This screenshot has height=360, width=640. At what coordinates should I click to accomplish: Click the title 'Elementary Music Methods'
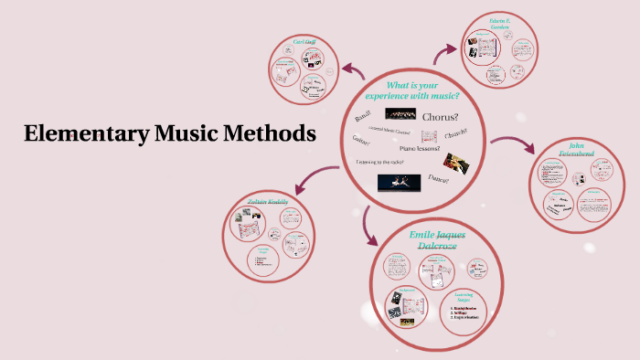(170, 133)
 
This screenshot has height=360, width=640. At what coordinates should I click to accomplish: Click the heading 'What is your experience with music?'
(412, 90)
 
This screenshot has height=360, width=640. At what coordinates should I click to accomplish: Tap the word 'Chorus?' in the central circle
(441, 116)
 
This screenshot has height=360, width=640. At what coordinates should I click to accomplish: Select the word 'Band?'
(364, 116)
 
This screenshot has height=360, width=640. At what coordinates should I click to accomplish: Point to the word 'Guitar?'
(361, 140)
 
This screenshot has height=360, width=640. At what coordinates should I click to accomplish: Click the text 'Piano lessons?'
(418, 148)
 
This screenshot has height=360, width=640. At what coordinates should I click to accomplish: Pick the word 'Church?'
(456, 133)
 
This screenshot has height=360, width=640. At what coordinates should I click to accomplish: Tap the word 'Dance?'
(439, 180)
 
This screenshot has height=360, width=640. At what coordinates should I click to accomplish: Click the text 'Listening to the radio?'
(380, 162)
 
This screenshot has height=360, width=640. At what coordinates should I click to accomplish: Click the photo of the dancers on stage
(399, 182)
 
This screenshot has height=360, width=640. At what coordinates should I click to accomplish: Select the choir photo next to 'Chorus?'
(400, 114)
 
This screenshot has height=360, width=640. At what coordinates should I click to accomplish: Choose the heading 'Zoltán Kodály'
(267, 201)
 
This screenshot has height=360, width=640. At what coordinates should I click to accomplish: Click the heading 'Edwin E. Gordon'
(499, 26)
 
